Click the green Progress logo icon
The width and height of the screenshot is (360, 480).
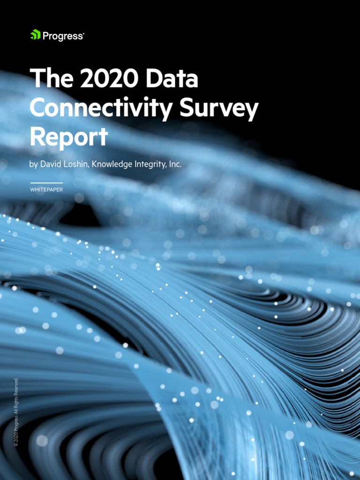pyautogui.click(x=35, y=35)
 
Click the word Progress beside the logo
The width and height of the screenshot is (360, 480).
pyautogui.click(x=62, y=36)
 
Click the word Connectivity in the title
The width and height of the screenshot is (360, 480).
pyautogui.click(x=92, y=108)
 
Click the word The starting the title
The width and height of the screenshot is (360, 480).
pyautogui.click(x=50, y=80)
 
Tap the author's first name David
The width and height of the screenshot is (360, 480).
pyautogui.click(x=52, y=165)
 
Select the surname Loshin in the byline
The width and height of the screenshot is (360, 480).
pyautogui.click(x=77, y=165)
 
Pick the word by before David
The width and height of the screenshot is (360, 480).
pyautogui.click(x=35, y=165)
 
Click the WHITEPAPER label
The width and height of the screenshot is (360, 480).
pyautogui.click(x=46, y=190)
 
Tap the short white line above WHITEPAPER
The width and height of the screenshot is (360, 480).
pyautogui.click(x=46, y=183)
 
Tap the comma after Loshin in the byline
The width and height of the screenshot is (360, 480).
pyautogui.click(x=89, y=167)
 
